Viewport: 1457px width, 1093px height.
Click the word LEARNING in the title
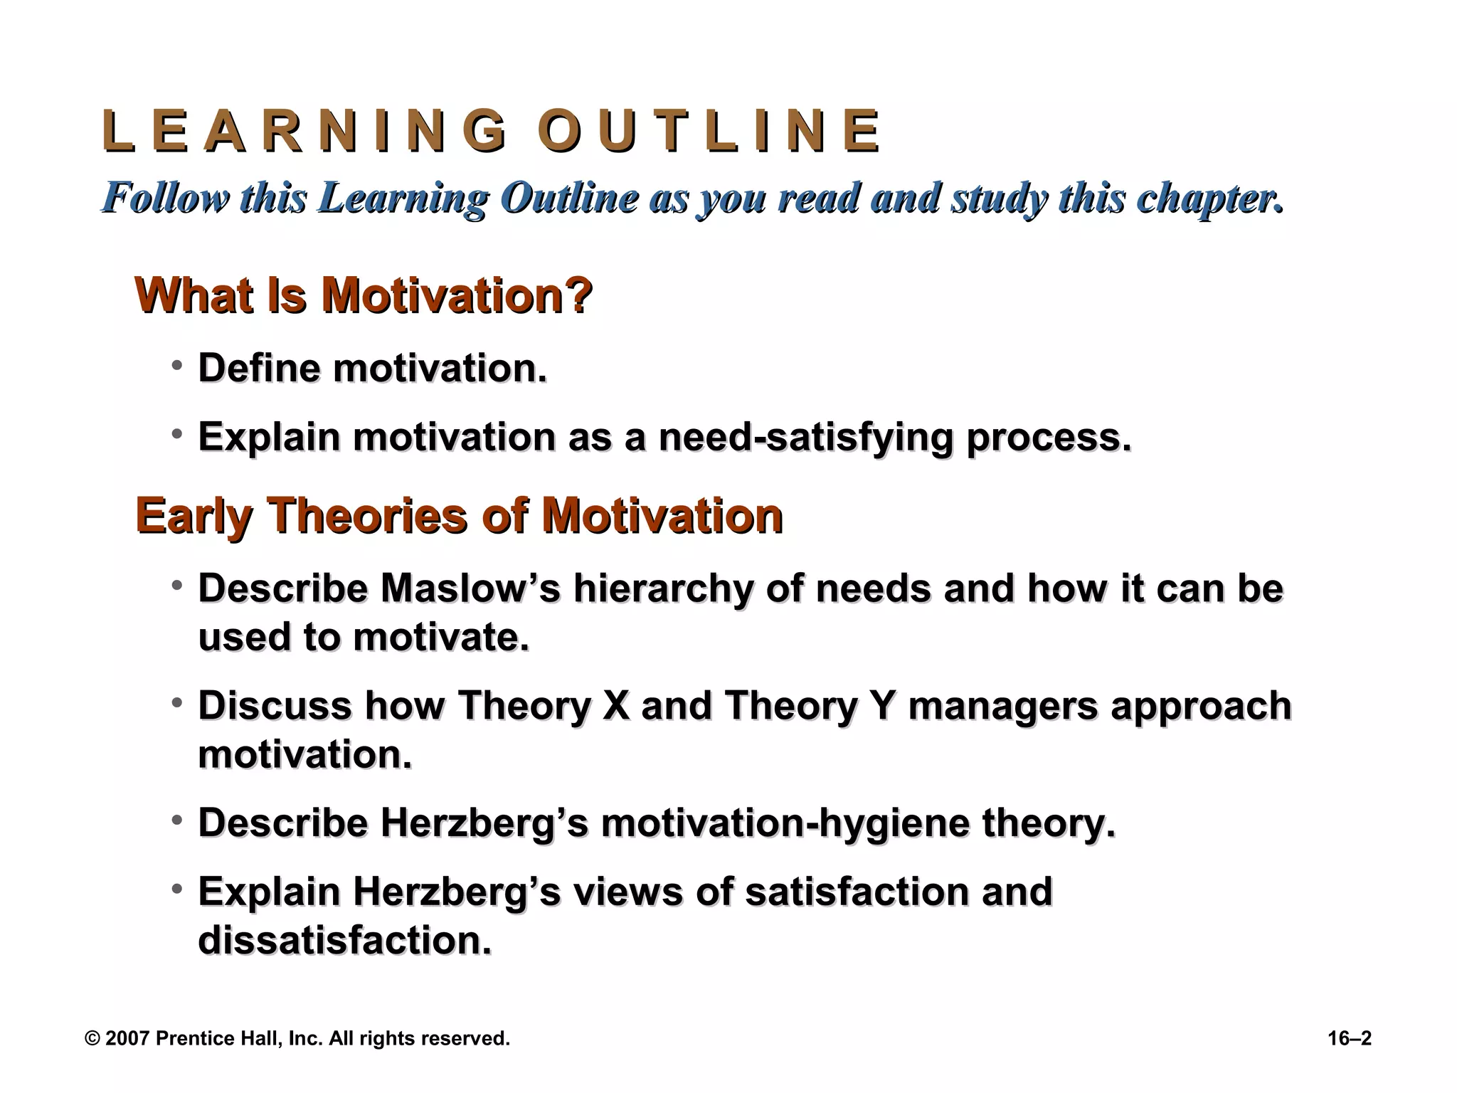pos(304,132)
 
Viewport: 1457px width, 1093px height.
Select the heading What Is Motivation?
pos(364,295)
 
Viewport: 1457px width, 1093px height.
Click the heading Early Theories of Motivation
pos(459,515)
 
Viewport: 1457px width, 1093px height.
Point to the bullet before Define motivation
pos(177,366)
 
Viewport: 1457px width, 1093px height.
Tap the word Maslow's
pos(470,588)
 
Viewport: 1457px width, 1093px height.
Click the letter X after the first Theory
pos(615,706)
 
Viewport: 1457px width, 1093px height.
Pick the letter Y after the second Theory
pos(881,706)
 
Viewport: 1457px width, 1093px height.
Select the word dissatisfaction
pos(344,940)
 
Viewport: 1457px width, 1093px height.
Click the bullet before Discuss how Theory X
pos(177,703)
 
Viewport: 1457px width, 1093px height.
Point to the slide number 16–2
pos(1349,1039)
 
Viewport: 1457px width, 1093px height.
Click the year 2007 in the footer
pos(127,1039)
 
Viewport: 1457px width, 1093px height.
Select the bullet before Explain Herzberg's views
pos(177,889)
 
